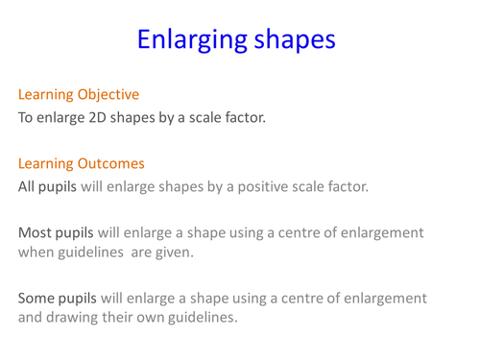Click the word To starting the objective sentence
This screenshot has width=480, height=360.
pos(26,119)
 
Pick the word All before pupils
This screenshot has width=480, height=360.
pos(28,186)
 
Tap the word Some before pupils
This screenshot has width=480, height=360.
pos(37,299)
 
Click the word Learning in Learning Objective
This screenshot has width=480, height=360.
pos(47,95)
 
